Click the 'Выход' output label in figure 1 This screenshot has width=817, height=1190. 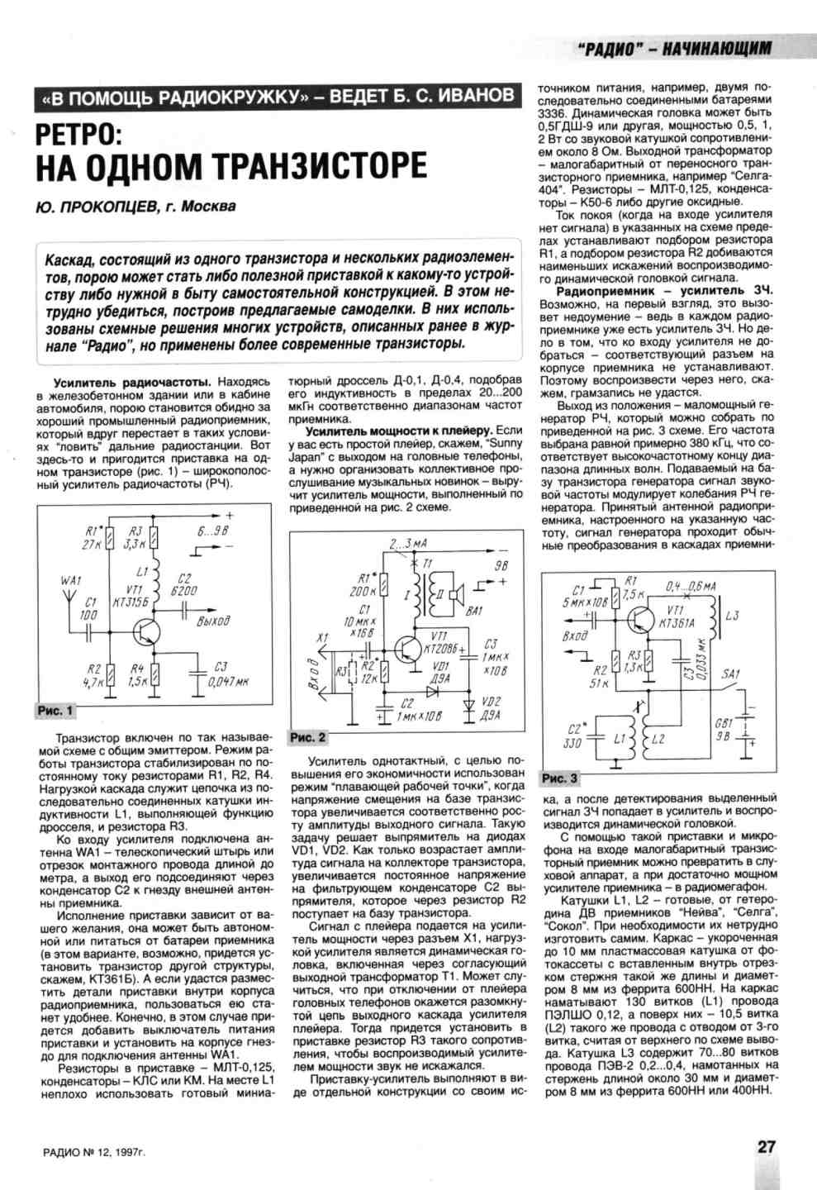[213, 621]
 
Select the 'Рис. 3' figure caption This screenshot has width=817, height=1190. [560, 778]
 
